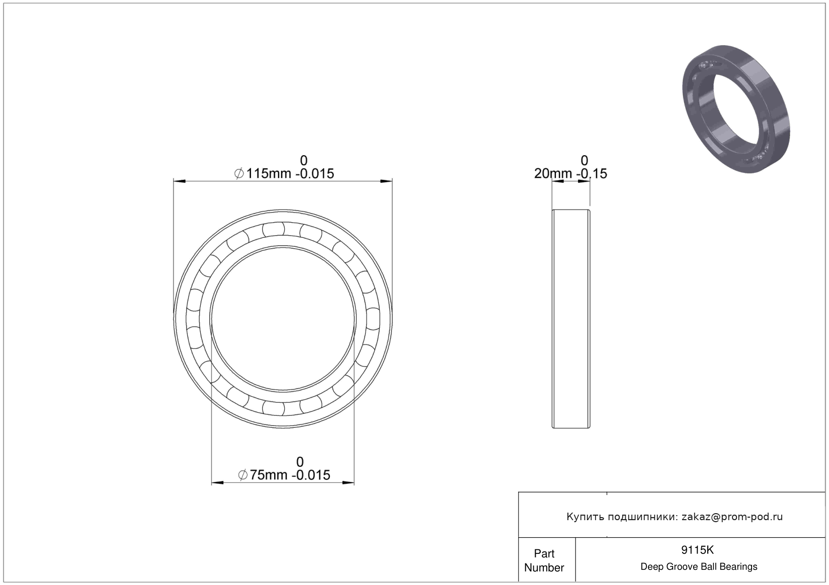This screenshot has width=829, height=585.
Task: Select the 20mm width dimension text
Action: click(570, 173)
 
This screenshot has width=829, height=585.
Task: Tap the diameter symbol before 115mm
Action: click(239, 173)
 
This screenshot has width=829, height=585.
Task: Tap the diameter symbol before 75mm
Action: click(243, 475)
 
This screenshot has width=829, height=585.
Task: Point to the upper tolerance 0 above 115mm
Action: click(303, 160)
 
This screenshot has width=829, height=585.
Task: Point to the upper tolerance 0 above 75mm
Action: click(300, 462)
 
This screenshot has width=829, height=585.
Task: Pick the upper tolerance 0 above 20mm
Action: click(584, 160)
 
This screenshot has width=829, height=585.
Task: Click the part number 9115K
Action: click(698, 550)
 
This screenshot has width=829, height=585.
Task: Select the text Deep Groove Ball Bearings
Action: click(699, 566)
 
